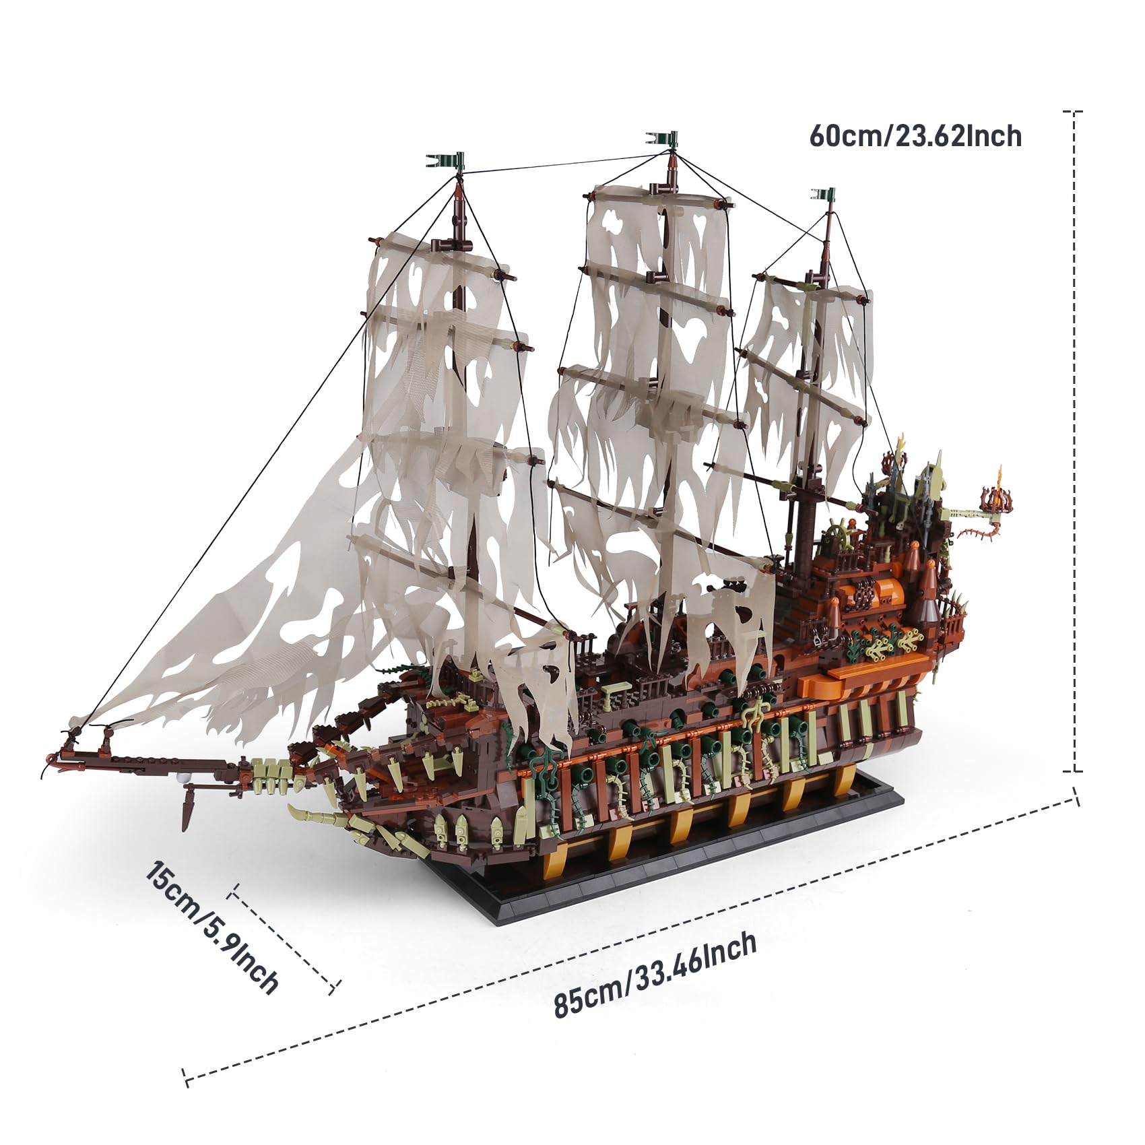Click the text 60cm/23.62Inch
(915, 137)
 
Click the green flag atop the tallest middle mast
(667, 139)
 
